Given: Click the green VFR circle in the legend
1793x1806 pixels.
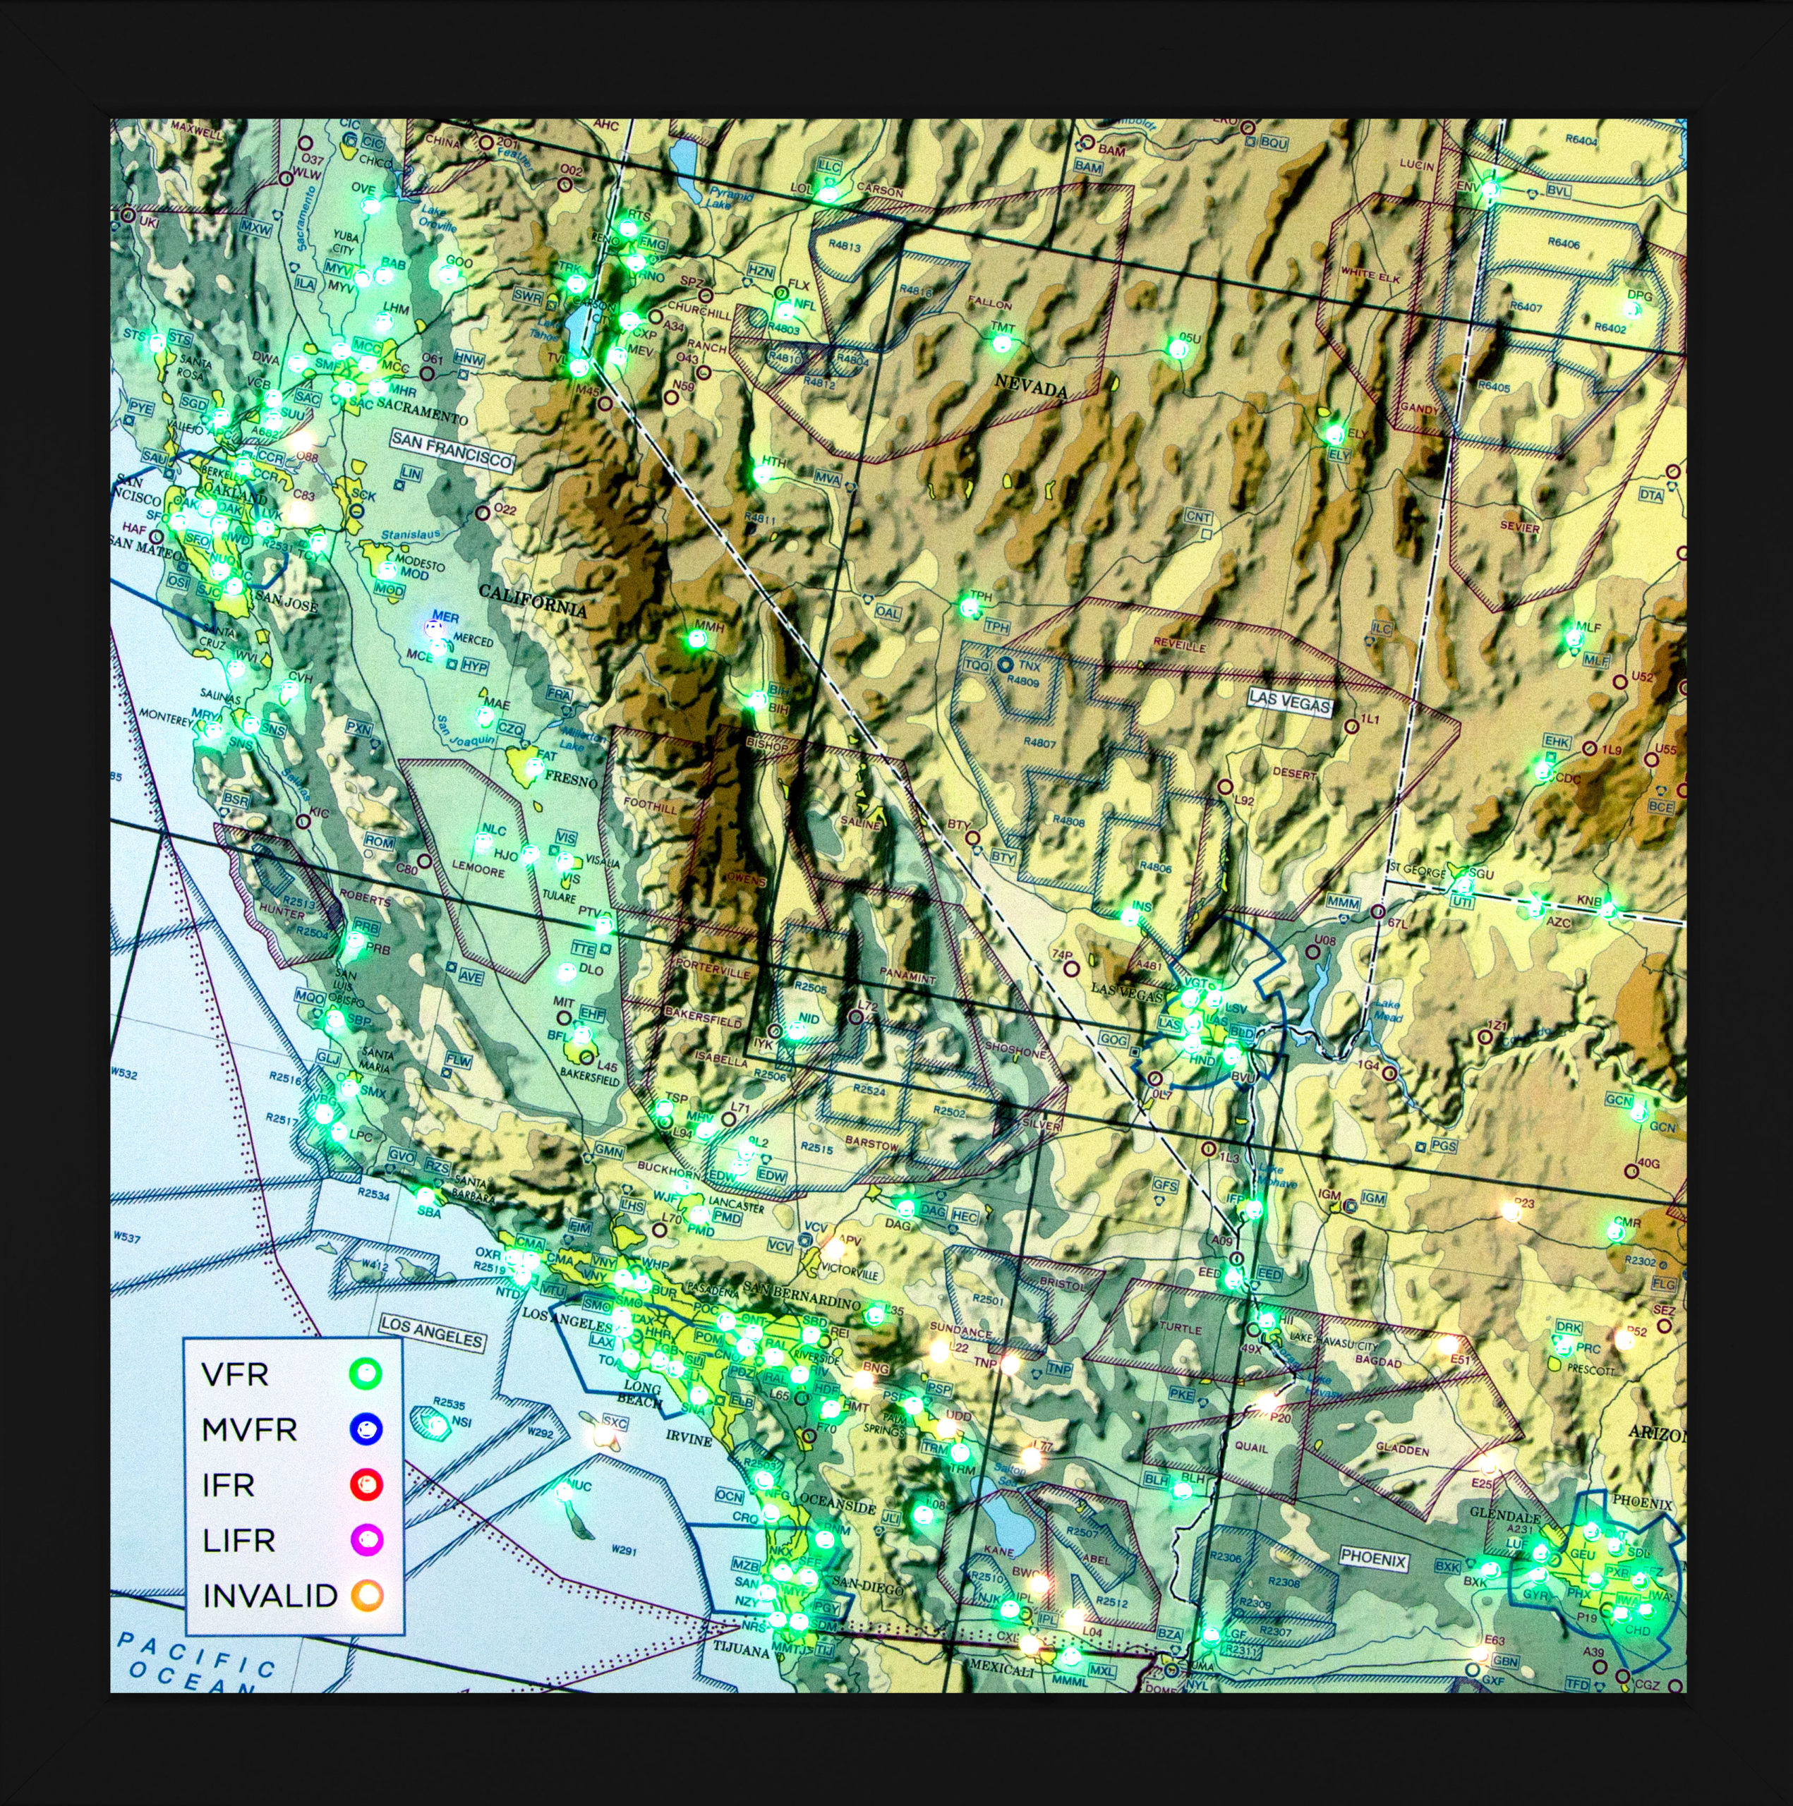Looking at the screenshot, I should (x=366, y=1374).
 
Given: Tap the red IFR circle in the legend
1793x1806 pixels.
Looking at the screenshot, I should (x=366, y=1484).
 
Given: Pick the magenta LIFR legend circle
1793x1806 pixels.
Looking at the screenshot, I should (x=366, y=1539).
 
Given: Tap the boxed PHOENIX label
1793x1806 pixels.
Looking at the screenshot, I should (x=1373, y=1559).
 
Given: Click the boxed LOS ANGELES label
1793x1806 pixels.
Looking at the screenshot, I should (x=433, y=1332).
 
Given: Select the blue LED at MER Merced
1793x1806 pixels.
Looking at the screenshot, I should (x=435, y=628).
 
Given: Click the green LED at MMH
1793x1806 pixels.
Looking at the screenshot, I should (x=696, y=639).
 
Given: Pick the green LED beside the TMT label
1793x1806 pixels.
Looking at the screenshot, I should (x=1001, y=343).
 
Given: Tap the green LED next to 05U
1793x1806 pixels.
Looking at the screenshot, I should (x=1178, y=349).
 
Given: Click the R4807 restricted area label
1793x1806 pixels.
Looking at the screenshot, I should (x=1039, y=742).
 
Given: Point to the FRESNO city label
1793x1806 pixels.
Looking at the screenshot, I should (x=570, y=779).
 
